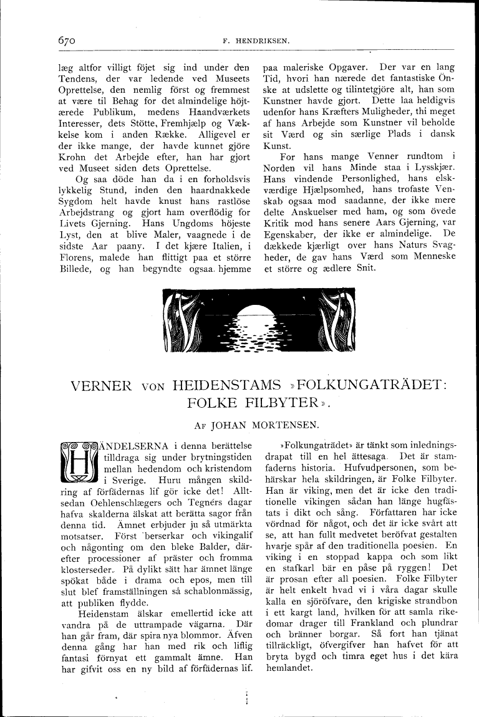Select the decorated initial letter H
(79, 464)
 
